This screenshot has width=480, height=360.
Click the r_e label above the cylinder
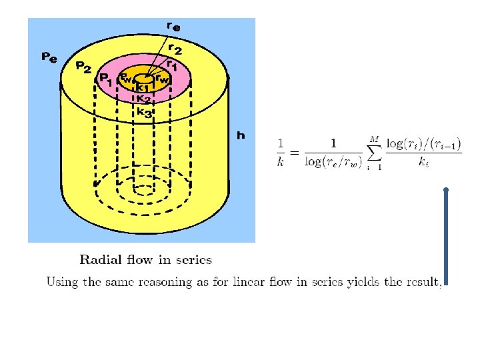tap(173, 27)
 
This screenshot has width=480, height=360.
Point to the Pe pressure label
tap(49, 57)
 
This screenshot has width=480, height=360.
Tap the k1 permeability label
tap(141, 87)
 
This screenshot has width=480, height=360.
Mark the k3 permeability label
tap(144, 113)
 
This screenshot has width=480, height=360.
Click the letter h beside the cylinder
tap(241, 135)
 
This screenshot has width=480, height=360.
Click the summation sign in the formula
tap(375, 153)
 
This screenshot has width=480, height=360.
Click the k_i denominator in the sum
tap(423, 161)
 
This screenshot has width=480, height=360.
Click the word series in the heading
tap(193, 260)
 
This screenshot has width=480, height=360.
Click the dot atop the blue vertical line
tap(445, 190)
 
